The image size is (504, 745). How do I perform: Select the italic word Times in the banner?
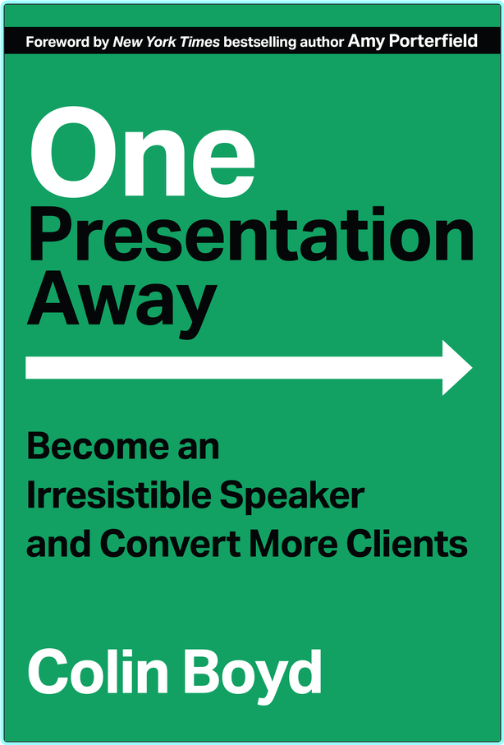point(201,42)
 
